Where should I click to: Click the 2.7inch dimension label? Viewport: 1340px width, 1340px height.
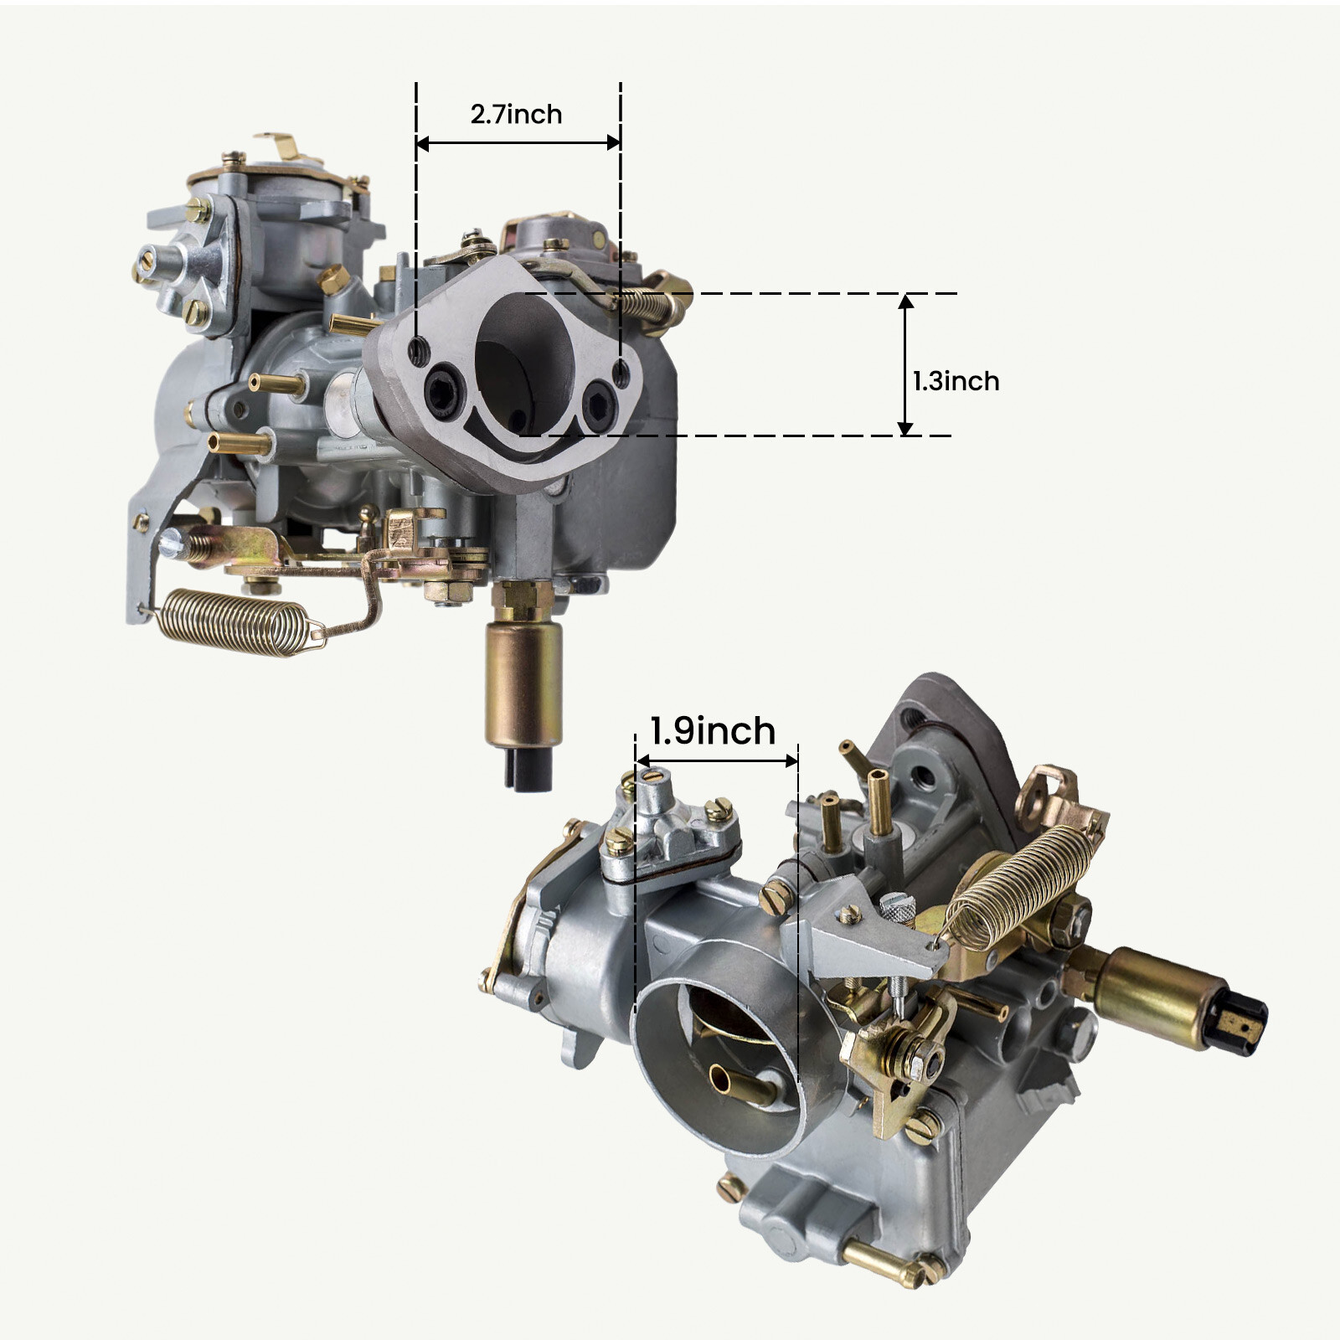coord(516,115)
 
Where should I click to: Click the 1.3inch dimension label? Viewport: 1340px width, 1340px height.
coord(956,382)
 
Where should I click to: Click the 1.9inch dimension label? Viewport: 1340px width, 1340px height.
coord(713,731)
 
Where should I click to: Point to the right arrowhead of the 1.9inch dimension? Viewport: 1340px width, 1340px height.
coord(791,761)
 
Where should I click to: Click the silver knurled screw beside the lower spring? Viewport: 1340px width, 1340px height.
coord(899,907)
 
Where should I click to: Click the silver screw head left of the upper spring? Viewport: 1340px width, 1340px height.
coord(172,544)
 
